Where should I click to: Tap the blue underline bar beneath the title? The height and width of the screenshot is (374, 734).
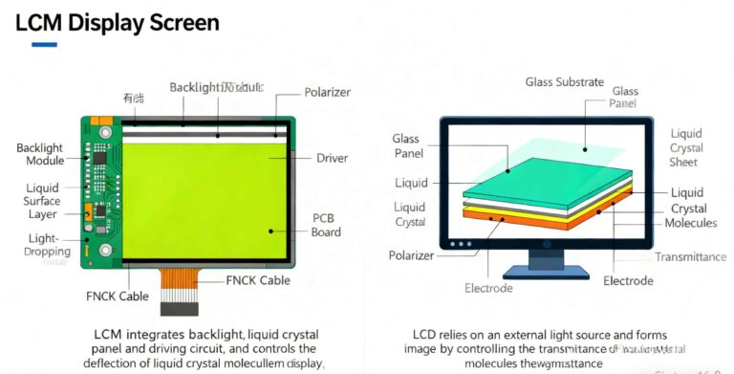pos(44,44)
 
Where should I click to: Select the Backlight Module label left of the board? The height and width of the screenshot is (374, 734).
pos(40,155)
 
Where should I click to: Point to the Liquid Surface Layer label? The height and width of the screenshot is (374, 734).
pos(42,201)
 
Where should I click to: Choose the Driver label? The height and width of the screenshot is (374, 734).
pos(332,158)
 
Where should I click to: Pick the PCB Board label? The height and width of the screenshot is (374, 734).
pos(324,224)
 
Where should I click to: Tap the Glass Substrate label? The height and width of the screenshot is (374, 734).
pos(564,82)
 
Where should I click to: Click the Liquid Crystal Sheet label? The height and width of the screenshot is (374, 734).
pos(685,148)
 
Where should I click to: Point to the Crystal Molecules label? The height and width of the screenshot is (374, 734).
pos(688,216)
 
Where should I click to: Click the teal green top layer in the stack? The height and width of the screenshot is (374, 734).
pos(540,178)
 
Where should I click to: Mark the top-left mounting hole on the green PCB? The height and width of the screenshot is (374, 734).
pos(104,130)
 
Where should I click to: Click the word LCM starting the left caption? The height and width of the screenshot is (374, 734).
pos(108,335)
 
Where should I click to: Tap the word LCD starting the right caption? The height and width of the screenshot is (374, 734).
pos(429,335)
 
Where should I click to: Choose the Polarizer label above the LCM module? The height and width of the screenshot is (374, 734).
pos(327,93)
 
